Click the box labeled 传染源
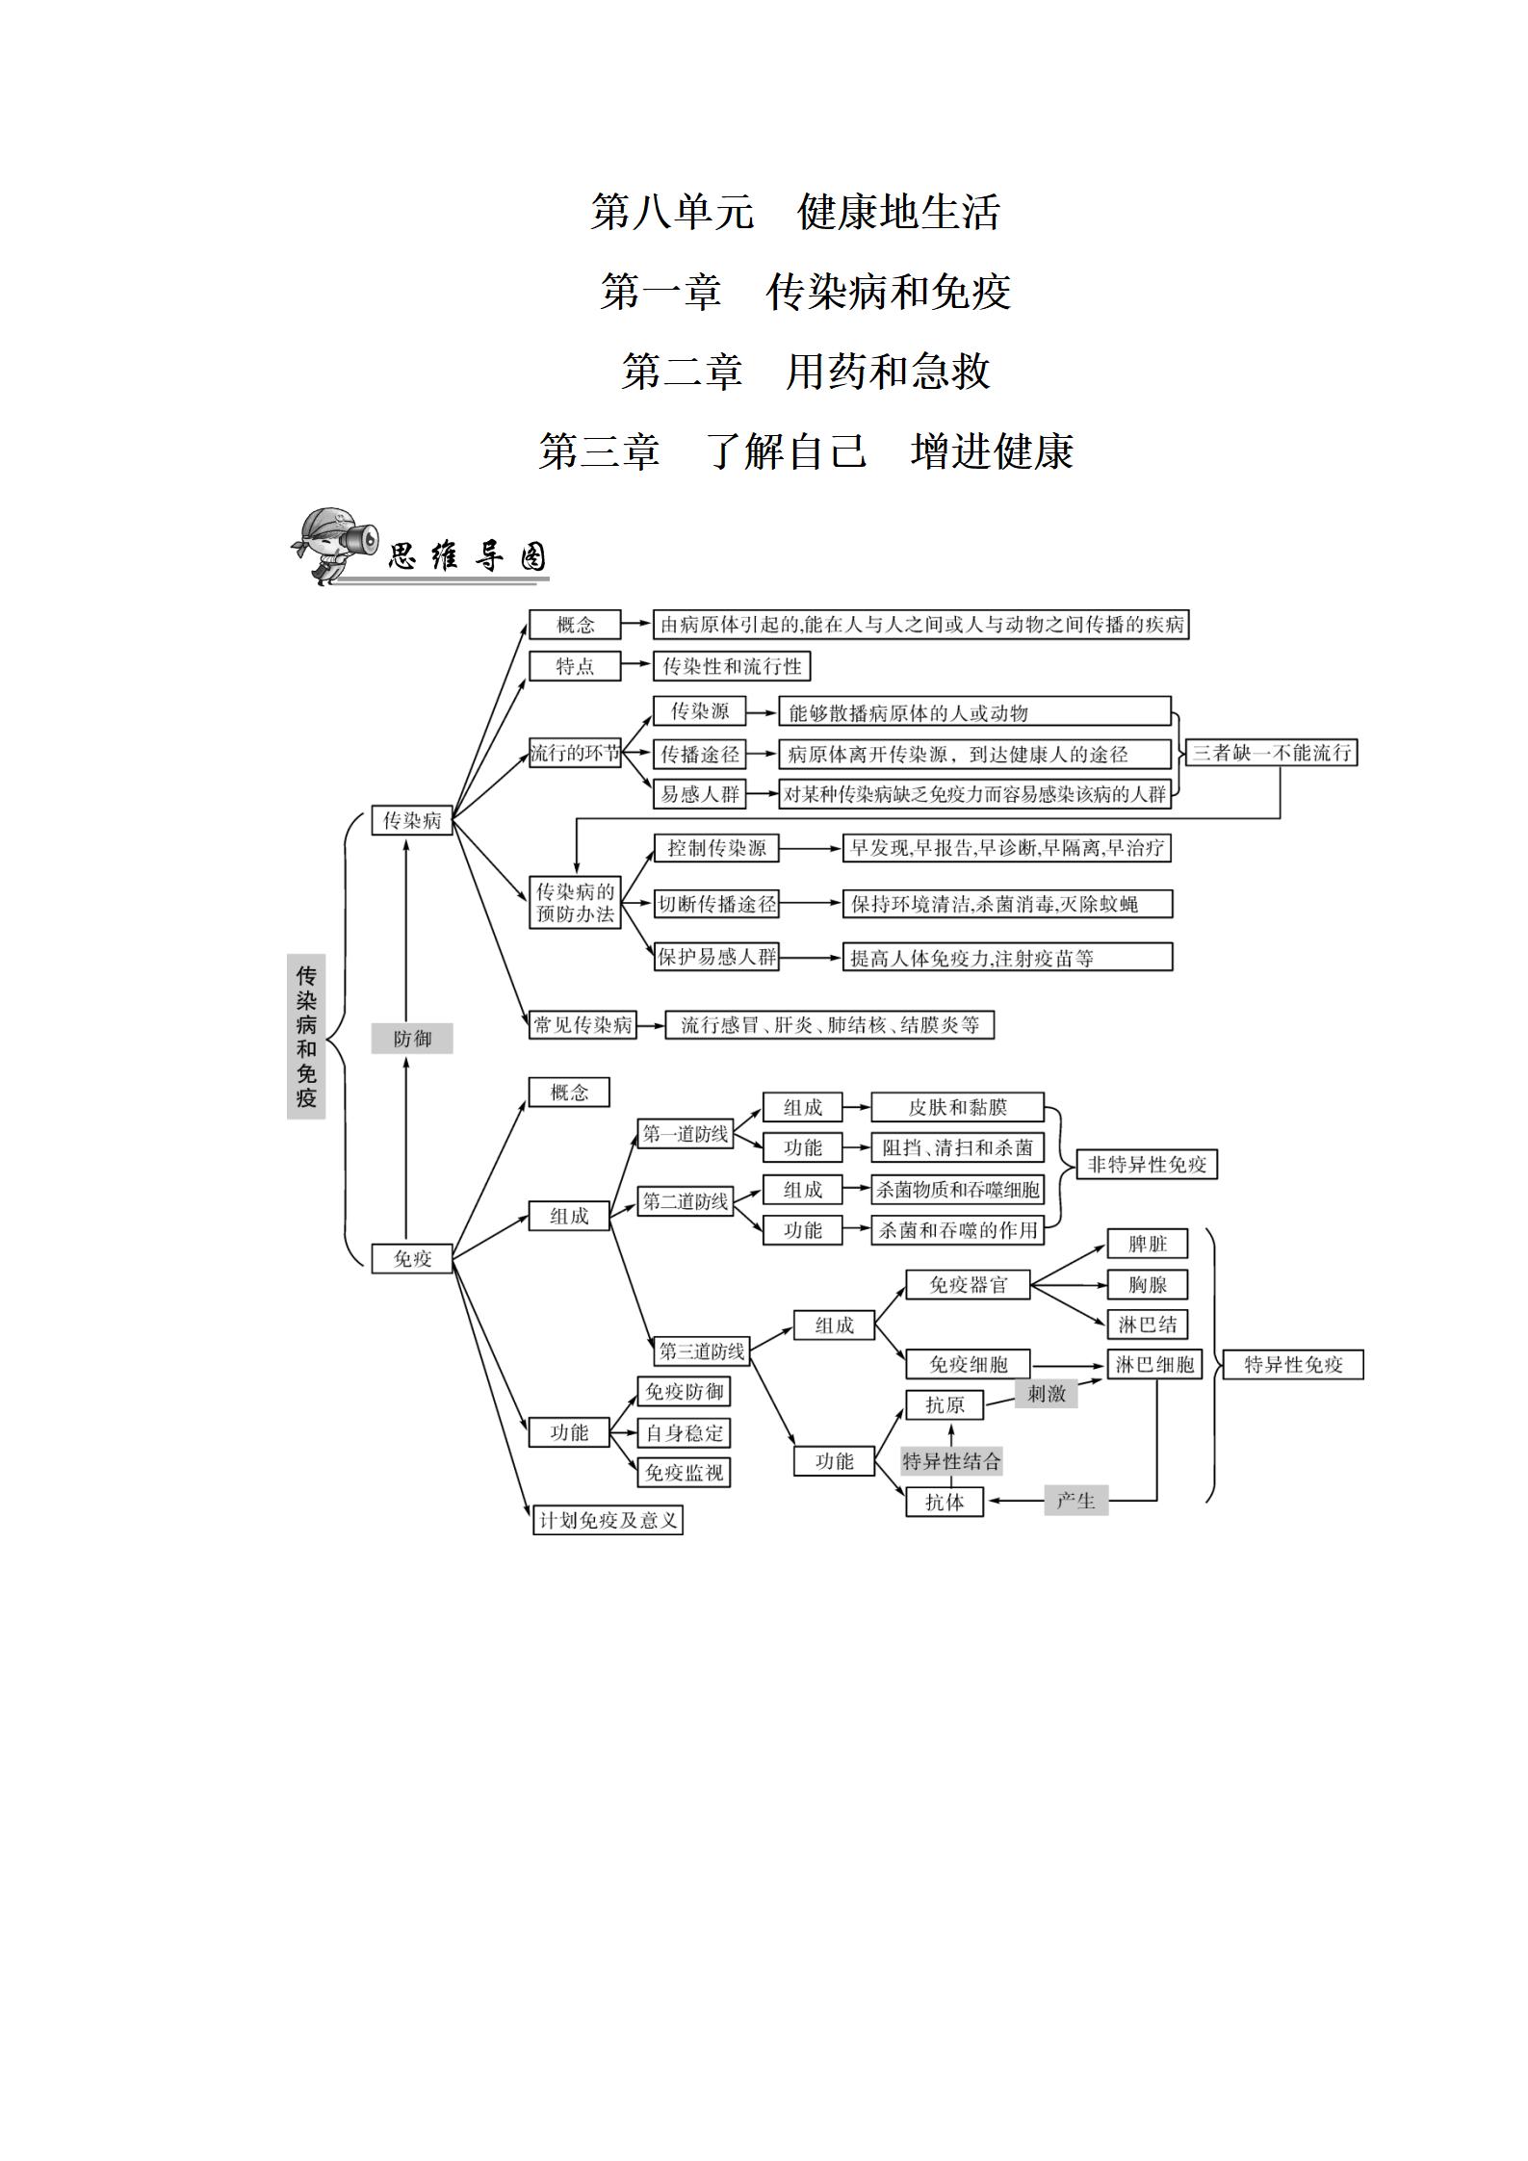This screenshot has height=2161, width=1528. coord(700,711)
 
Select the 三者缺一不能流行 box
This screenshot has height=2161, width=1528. coord(1272,753)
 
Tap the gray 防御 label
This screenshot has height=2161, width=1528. coord(412,1039)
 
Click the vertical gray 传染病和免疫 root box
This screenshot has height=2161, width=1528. coord(306,1037)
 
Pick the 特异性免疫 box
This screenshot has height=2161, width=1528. coord(1293,1365)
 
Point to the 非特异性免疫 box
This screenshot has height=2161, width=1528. coord(1146,1165)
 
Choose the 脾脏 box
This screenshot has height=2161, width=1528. coord(1147,1244)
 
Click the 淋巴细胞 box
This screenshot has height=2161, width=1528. coord(1154,1365)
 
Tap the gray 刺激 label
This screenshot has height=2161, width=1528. coord(1046,1393)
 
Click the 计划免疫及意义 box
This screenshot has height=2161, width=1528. coord(609,1520)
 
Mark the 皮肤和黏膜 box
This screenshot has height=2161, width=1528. coord(957,1107)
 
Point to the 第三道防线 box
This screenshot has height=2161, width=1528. coord(702,1351)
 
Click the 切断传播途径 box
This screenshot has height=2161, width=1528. coord(716,904)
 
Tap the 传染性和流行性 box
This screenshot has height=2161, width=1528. coord(732,666)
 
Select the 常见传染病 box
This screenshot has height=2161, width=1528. coord(583,1025)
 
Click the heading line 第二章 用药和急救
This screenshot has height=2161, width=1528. coord(805,372)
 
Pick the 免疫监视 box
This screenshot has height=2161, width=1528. coord(684,1473)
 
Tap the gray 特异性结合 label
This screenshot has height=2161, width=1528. coord(951,1461)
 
